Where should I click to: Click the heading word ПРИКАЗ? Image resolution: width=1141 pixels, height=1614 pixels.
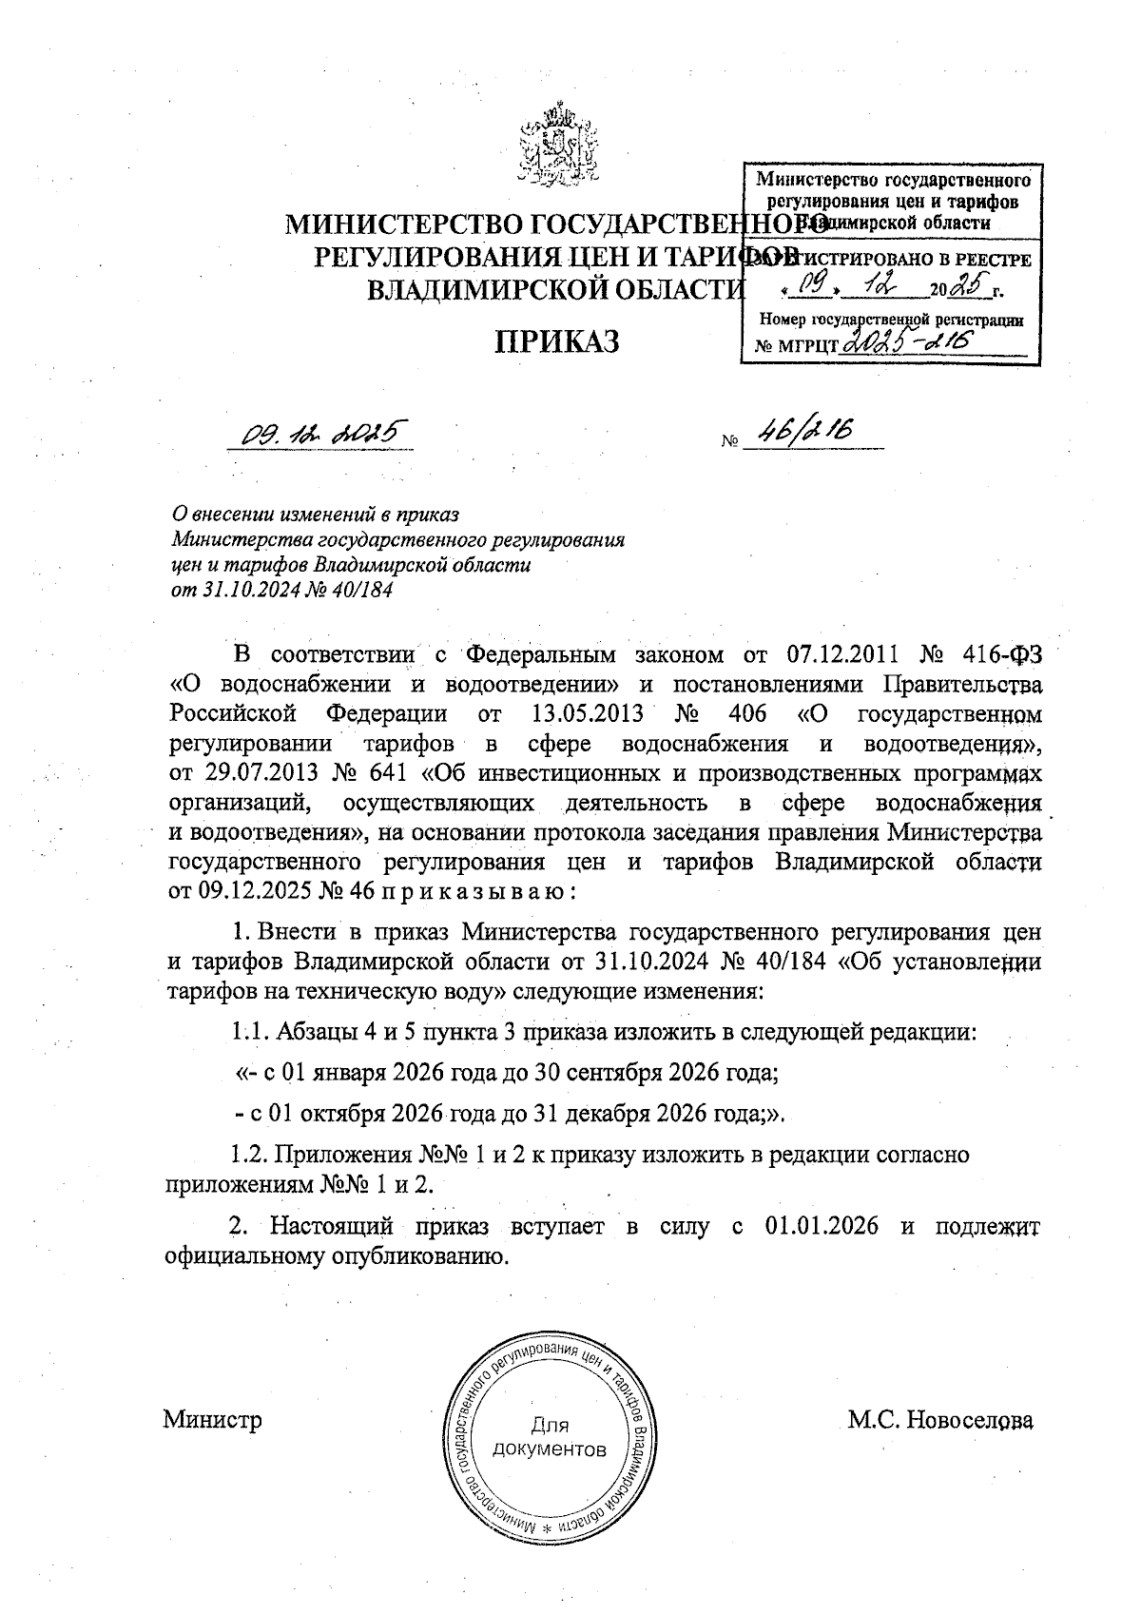coord(555,340)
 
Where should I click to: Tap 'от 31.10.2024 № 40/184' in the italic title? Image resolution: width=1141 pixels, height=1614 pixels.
coord(281,590)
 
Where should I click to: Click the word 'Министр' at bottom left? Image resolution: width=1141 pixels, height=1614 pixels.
coord(212,1421)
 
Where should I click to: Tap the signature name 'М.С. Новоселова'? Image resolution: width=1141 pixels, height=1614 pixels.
coord(940,1421)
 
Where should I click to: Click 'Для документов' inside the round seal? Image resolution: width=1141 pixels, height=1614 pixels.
coord(550,1437)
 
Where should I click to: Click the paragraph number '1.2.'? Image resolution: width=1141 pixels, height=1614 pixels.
coord(250,1156)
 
